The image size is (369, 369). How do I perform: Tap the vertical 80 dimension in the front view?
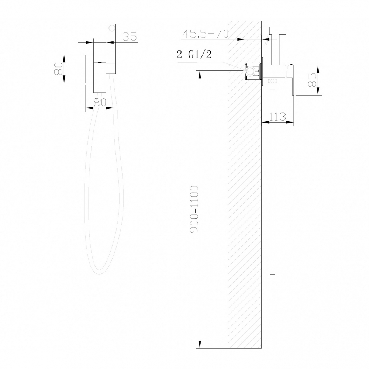pos(58,69)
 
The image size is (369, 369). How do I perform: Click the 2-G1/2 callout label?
pos(194,55)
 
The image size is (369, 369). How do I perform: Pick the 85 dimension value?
pos(312,80)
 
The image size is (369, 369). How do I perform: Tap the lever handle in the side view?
pos(291,79)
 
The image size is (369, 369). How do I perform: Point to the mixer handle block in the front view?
pos(111,69)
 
